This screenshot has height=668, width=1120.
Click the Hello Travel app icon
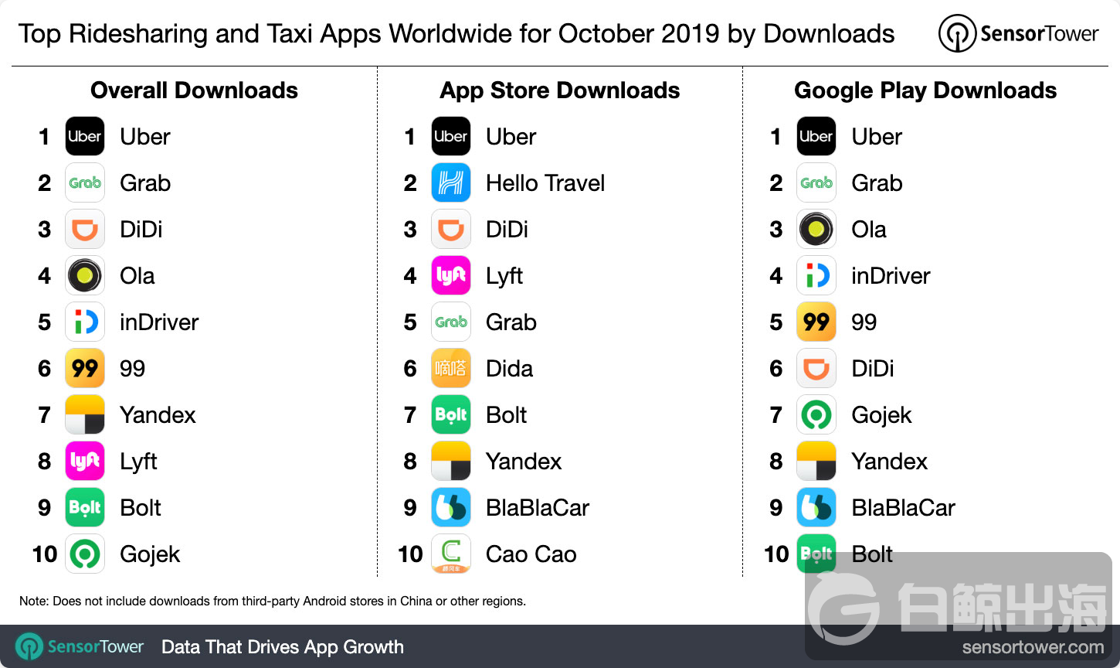pyautogui.click(x=451, y=183)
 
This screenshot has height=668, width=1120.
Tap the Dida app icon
pyautogui.click(x=451, y=369)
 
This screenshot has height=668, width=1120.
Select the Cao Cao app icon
pyautogui.click(x=451, y=554)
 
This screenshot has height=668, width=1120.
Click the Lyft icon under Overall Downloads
pyautogui.click(x=85, y=462)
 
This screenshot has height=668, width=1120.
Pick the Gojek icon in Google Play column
pyautogui.click(x=816, y=415)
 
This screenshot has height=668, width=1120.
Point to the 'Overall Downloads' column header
pyautogui.click(x=194, y=90)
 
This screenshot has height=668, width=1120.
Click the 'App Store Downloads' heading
pyautogui.click(x=560, y=90)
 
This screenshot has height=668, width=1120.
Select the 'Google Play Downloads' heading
pyautogui.click(x=925, y=90)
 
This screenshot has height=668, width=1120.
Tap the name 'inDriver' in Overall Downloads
pyautogui.click(x=159, y=322)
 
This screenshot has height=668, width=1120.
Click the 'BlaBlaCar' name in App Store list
pyautogui.click(x=538, y=508)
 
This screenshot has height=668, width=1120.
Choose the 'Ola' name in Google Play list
pyautogui.click(x=869, y=230)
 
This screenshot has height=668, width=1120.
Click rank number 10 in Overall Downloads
pyautogui.click(x=45, y=554)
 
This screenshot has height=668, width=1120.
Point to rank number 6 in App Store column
pyautogui.click(x=410, y=369)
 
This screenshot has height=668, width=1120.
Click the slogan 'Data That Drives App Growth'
pyautogui.click(x=283, y=647)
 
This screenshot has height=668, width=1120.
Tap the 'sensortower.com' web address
pyautogui.click(x=1033, y=647)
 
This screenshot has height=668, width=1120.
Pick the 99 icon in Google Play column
pyautogui.click(x=816, y=322)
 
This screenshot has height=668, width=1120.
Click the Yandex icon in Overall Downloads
pyautogui.click(x=85, y=415)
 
